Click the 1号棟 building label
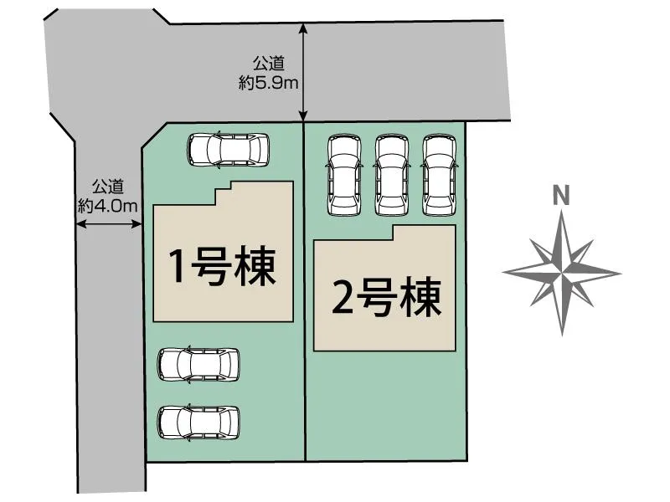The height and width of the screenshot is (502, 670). (x=222, y=267)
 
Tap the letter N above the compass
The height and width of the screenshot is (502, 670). (x=562, y=196)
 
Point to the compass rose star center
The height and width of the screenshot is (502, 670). (x=562, y=273)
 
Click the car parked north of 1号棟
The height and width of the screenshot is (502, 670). (x=229, y=150)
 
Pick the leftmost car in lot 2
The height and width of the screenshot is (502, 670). (x=344, y=174)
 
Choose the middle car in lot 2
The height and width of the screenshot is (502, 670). (x=391, y=174)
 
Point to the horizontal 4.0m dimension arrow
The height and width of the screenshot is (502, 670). (x=109, y=223)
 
